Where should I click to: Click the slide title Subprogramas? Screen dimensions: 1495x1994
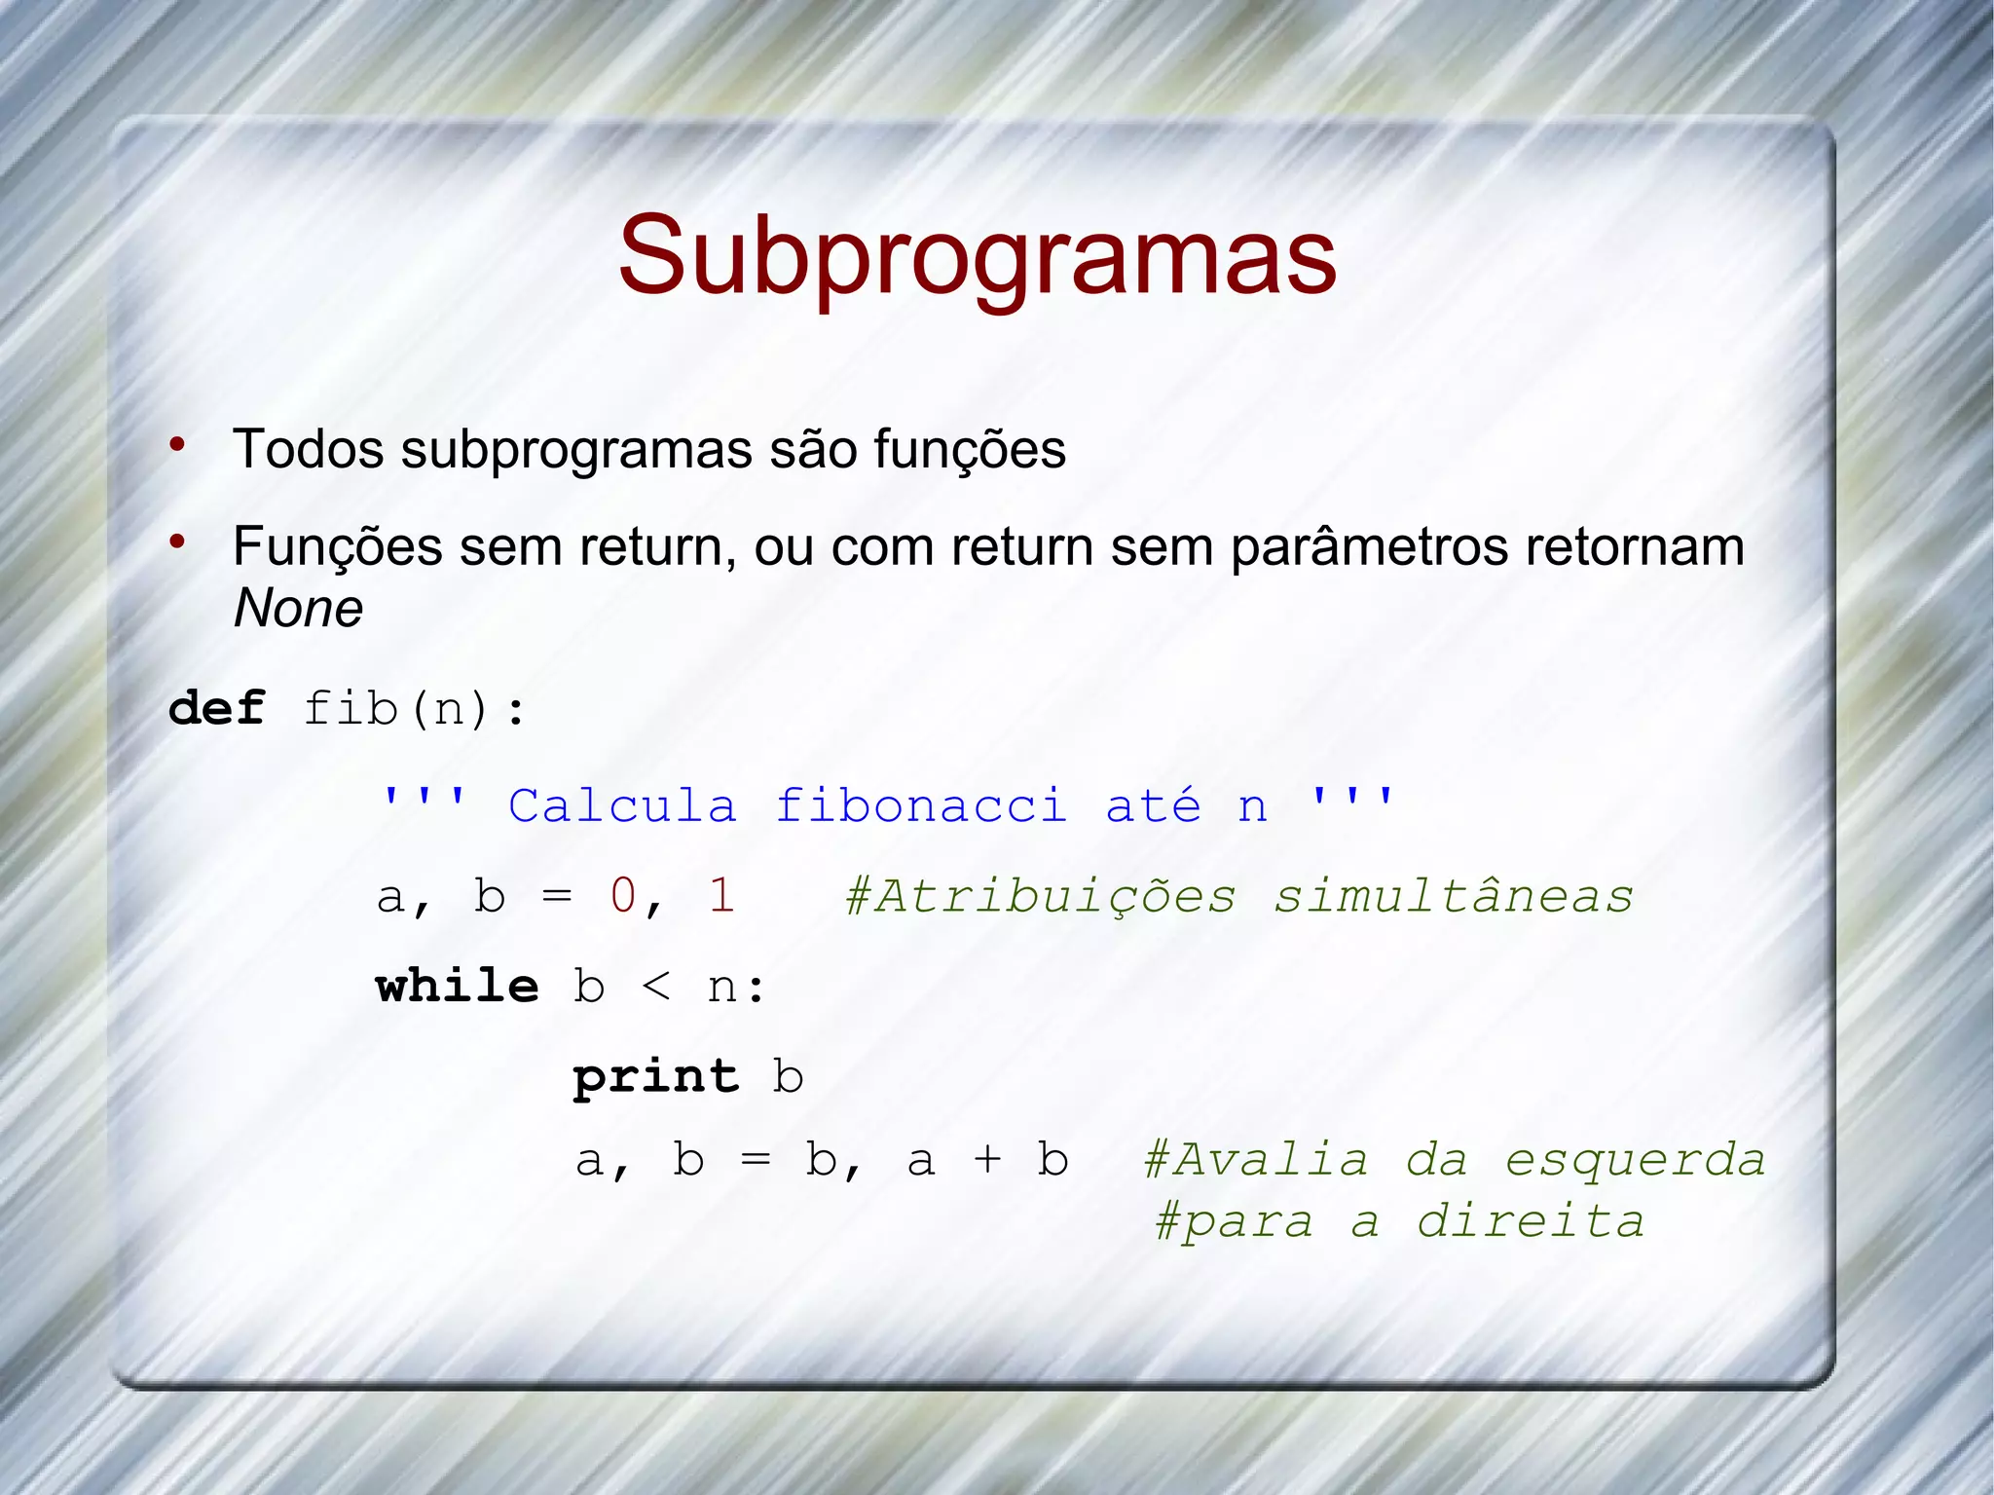tap(978, 255)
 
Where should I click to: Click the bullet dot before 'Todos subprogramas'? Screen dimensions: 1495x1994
tap(177, 445)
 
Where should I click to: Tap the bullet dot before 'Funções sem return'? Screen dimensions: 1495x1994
tap(177, 542)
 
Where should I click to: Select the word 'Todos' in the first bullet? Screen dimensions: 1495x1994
tap(309, 449)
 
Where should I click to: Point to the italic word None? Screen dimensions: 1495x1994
tap(298, 609)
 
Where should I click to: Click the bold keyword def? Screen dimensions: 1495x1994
tap(216, 707)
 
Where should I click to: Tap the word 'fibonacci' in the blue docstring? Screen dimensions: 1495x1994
tap(921, 806)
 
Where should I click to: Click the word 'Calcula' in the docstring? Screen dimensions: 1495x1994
tap(622, 806)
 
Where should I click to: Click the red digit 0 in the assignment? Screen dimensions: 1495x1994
tap(623, 895)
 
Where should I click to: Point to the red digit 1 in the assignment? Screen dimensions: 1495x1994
tap(721, 895)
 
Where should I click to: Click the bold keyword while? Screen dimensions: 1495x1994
tap(457, 986)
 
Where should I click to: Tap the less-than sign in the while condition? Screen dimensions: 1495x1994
tap(656, 988)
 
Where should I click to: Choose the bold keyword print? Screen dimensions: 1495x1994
tap(656, 1077)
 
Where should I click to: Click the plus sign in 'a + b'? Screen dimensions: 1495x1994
tap(987, 1160)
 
